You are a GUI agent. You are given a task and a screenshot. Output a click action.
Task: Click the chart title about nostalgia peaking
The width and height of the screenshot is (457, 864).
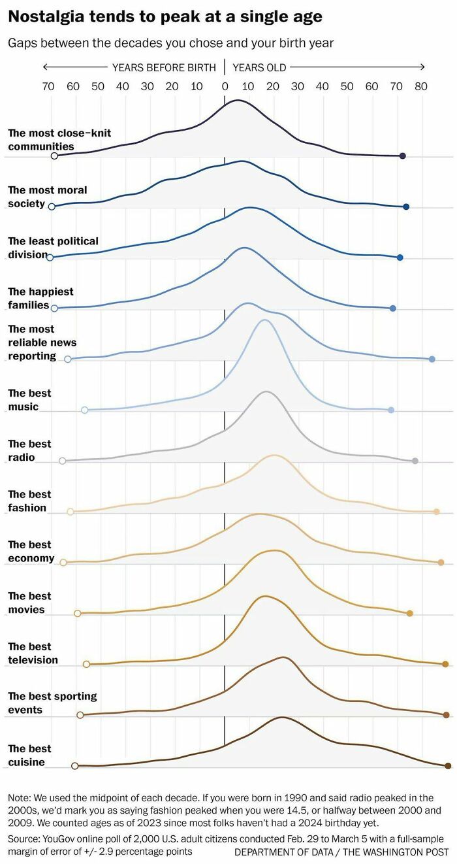(x=165, y=17)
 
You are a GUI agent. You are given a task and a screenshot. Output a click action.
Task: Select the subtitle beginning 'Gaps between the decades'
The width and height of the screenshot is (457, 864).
(x=170, y=43)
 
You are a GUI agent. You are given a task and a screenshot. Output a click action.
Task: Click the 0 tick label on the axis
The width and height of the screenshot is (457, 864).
(x=225, y=86)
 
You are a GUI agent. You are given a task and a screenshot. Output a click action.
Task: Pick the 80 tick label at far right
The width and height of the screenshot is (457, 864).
(x=421, y=86)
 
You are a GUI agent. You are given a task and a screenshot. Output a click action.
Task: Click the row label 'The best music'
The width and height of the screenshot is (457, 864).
(x=29, y=400)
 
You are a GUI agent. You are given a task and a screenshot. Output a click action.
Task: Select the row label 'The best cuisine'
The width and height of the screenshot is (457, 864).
(x=29, y=755)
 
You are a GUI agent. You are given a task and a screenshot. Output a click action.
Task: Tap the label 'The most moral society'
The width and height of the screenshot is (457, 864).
(x=47, y=197)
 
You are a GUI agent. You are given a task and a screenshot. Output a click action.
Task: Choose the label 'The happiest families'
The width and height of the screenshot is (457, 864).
(x=40, y=298)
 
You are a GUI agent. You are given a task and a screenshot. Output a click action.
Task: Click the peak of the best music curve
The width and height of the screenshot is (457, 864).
(x=264, y=320)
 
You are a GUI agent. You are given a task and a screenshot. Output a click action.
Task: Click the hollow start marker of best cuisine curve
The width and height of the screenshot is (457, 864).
(x=74, y=765)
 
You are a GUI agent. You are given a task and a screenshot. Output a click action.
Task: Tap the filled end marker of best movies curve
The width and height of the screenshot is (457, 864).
(x=409, y=613)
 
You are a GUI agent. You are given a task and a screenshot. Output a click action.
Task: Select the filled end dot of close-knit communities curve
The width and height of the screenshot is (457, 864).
(x=403, y=156)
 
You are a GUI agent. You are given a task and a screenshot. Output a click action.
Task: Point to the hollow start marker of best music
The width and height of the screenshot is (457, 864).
(x=84, y=410)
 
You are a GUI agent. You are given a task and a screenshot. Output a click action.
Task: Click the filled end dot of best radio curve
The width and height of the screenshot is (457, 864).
(x=415, y=461)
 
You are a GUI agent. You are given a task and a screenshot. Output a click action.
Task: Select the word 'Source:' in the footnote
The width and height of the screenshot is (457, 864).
(x=24, y=838)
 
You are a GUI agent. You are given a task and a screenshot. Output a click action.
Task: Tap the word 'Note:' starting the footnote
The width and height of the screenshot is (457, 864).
(x=20, y=798)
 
